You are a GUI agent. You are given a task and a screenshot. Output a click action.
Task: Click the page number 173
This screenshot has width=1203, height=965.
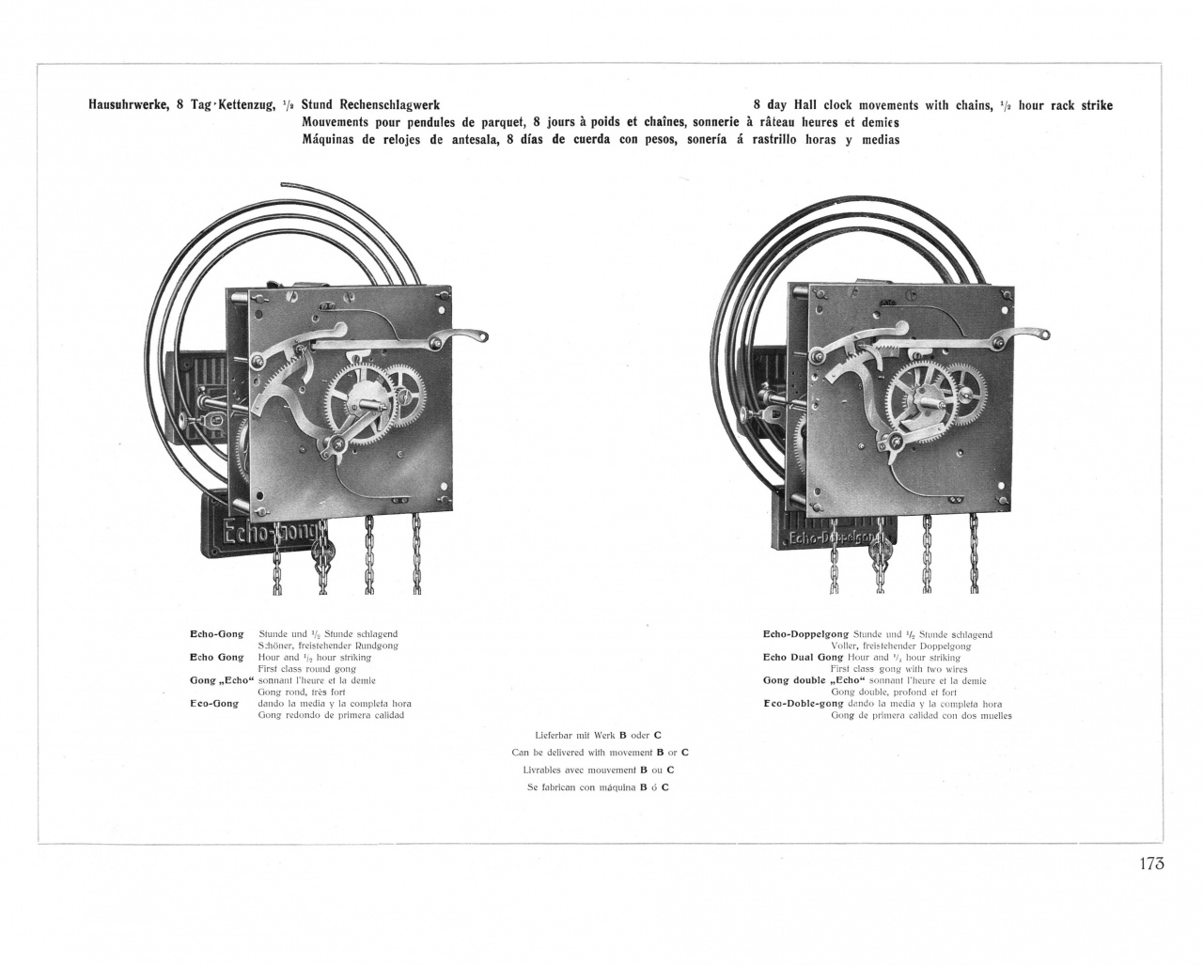(x=1148, y=864)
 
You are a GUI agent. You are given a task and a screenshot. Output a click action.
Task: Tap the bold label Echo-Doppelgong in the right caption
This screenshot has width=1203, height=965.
(x=805, y=634)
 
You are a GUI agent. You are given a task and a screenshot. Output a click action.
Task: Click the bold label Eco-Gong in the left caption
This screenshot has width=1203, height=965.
(x=214, y=703)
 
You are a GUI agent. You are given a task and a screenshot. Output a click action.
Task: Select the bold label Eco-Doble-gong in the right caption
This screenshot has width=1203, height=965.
(x=804, y=703)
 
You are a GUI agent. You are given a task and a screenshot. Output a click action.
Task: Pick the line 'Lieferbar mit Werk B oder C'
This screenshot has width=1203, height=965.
(x=598, y=735)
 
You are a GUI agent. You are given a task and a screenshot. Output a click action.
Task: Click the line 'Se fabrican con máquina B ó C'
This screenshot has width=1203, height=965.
(x=598, y=787)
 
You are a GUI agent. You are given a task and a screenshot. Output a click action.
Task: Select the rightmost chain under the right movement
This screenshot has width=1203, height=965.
(x=973, y=554)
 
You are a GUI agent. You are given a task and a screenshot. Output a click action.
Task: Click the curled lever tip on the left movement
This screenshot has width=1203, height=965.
(x=477, y=335)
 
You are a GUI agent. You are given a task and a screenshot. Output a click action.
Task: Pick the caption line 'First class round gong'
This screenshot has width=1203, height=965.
(x=306, y=669)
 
